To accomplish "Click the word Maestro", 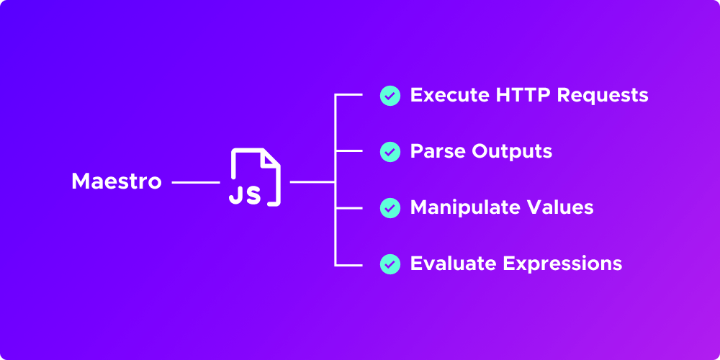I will click(x=117, y=181).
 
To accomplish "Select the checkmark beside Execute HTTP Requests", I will click(x=390, y=96).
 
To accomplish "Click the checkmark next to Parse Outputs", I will click(x=390, y=151).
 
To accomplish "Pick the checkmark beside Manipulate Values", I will click(x=390, y=207).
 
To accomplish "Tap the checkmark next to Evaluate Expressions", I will click(x=390, y=264).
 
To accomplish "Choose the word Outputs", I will click(x=512, y=152).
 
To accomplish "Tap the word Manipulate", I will click(x=462, y=207).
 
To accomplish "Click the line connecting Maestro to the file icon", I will click(x=195, y=182).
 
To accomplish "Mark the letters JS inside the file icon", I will click(x=245, y=194).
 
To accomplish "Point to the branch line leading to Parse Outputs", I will click(x=348, y=151).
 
